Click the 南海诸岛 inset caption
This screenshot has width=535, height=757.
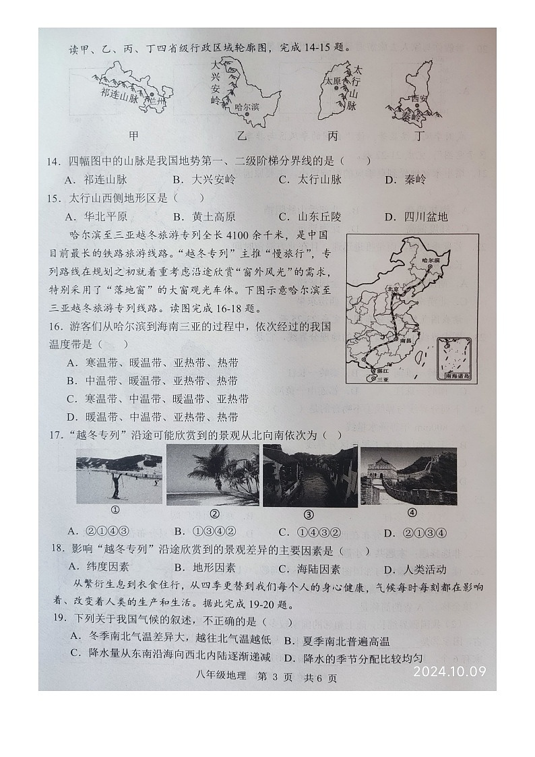[x=456, y=377]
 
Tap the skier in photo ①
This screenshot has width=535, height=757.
[x=116, y=484]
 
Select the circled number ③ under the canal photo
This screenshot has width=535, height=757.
[x=309, y=513]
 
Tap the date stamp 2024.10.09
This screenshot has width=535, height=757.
[x=449, y=671]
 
